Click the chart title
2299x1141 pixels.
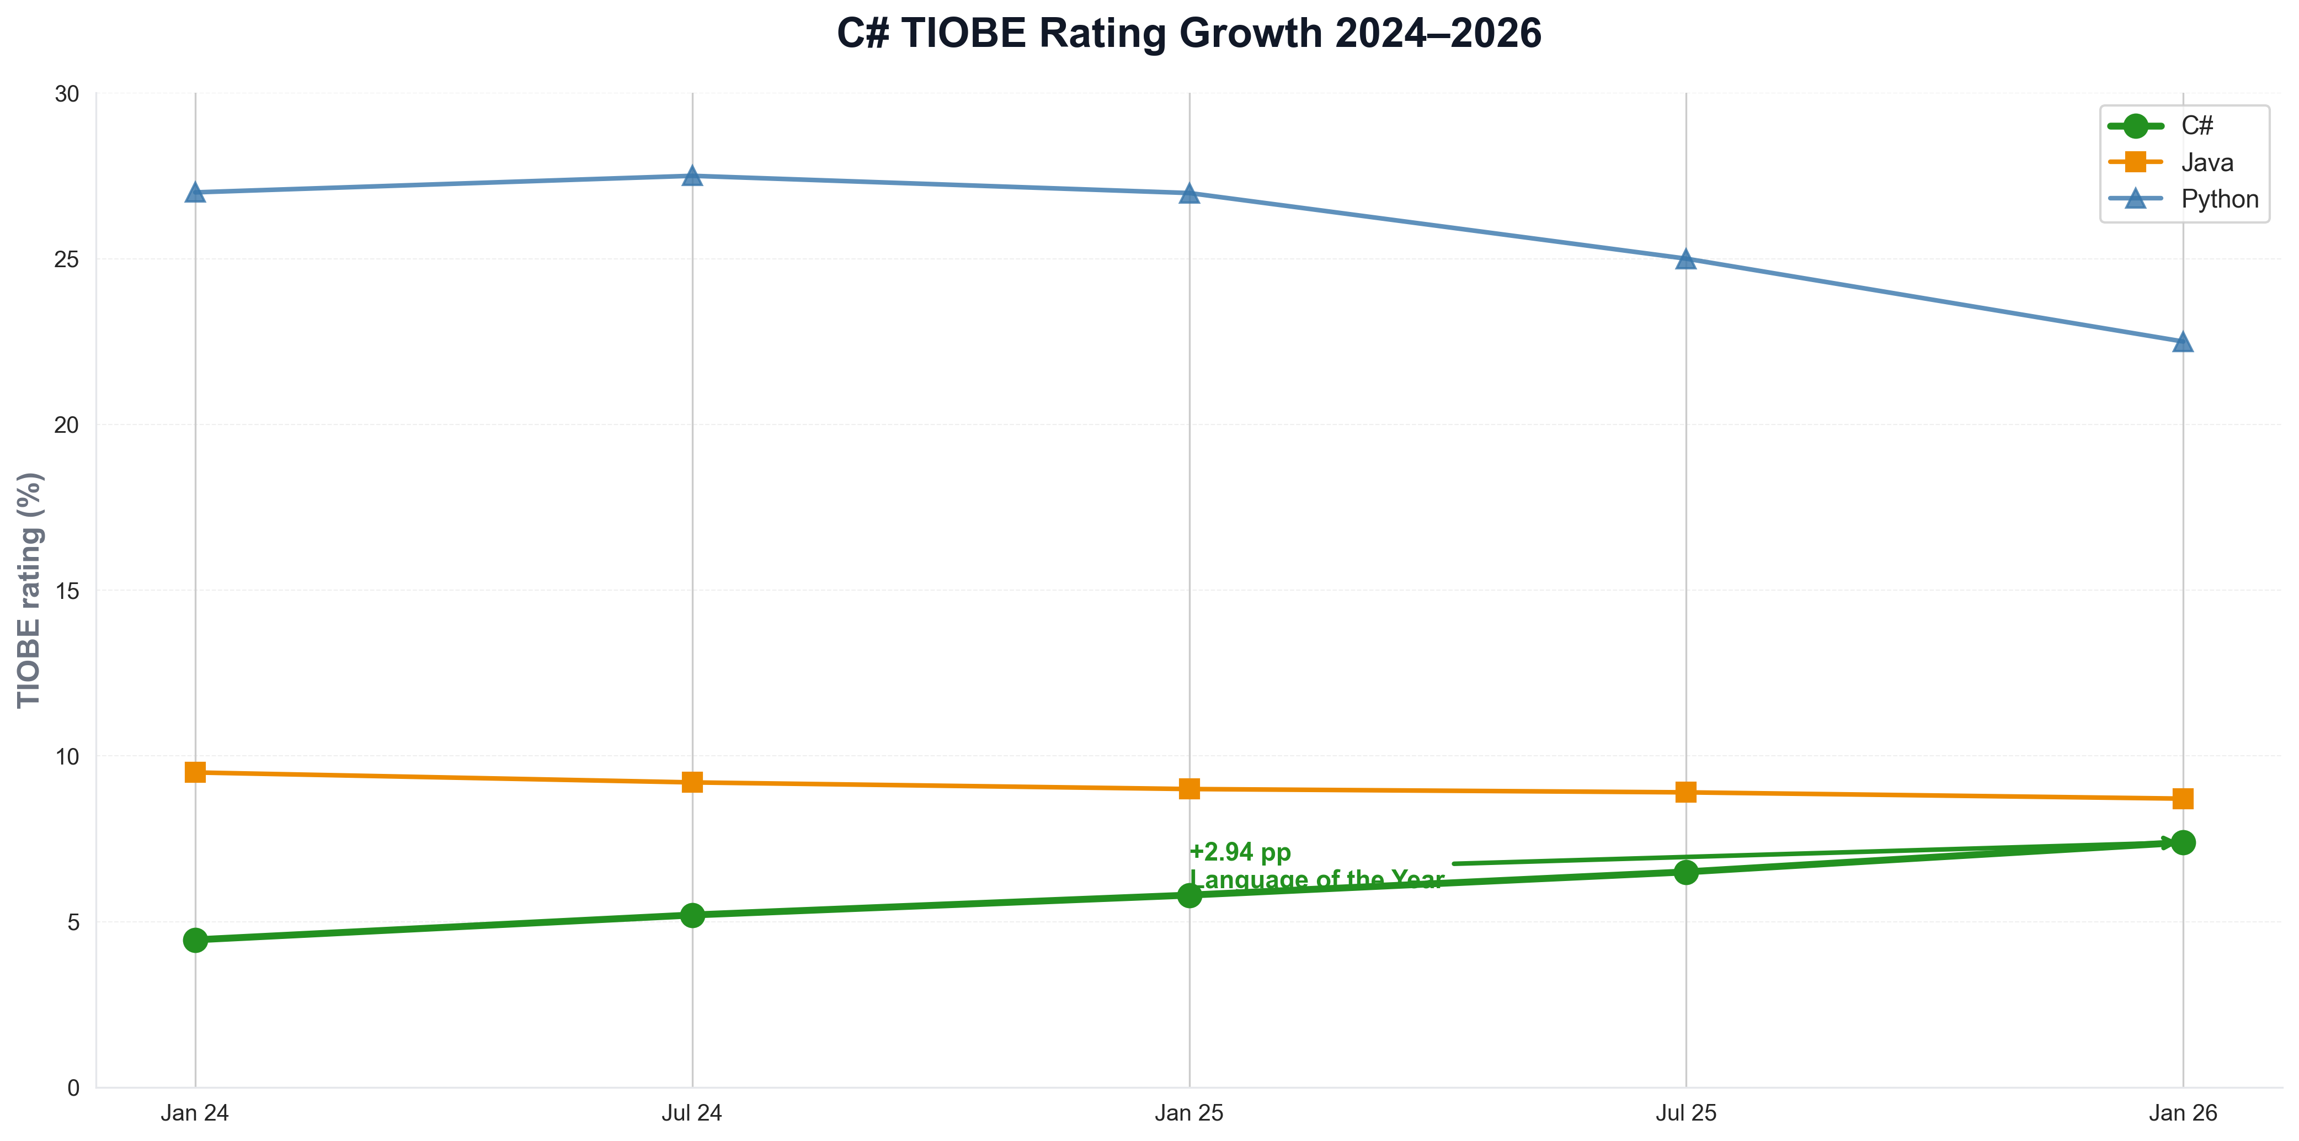(1189, 34)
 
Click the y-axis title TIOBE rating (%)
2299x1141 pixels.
(29, 589)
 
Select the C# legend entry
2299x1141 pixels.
(2195, 126)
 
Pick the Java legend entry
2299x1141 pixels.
(2206, 162)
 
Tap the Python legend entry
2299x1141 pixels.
(2218, 199)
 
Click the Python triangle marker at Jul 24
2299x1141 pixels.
(692, 176)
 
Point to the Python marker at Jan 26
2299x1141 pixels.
(2183, 342)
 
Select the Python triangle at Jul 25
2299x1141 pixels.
(1686, 259)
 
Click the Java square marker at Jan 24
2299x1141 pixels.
(195, 772)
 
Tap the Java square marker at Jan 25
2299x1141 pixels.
(1189, 789)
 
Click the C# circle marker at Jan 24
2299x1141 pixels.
(195, 940)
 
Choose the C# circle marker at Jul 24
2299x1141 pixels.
(692, 915)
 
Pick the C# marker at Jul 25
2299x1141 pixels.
(1686, 872)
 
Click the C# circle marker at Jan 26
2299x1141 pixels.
(2183, 843)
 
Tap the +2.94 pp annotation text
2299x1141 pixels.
(1240, 853)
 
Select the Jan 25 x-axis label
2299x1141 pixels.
(1189, 1113)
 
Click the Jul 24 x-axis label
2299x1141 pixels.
(692, 1113)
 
